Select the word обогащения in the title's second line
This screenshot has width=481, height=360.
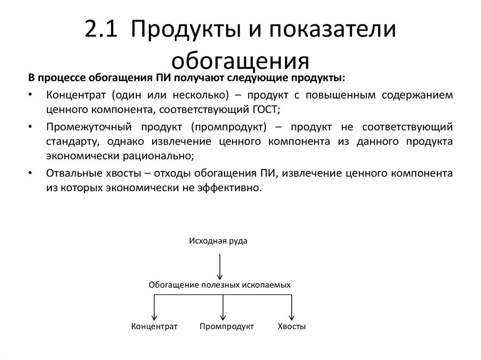click(240, 61)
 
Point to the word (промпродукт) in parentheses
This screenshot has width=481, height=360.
click(229, 127)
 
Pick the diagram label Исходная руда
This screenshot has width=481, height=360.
click(218, 241)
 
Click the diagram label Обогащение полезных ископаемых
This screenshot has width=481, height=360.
click(219, 285)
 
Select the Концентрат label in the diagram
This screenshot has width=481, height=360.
click(154, 326)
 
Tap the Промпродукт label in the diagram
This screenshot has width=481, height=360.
click(226, 326)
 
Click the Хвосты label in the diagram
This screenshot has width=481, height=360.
click(292, 326)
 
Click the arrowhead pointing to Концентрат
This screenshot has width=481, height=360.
click(154, 317)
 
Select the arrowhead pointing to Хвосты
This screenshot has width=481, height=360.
click(292, 317)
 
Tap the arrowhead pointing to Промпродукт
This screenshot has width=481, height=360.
click(223, 317)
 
